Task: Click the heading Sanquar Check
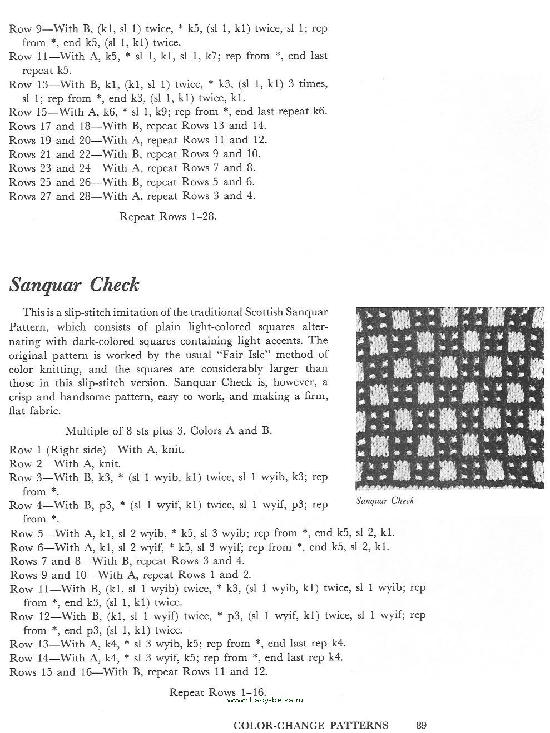click(74, 285)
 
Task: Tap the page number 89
click(421, 725)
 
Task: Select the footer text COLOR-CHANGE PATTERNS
click(310, 725)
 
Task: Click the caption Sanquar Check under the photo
click(385, 501)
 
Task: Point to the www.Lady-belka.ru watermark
click(264, 700)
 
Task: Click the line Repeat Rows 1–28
click(168, 216)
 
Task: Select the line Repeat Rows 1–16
click(217, 692)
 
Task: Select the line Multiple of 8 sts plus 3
click(169, 431)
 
